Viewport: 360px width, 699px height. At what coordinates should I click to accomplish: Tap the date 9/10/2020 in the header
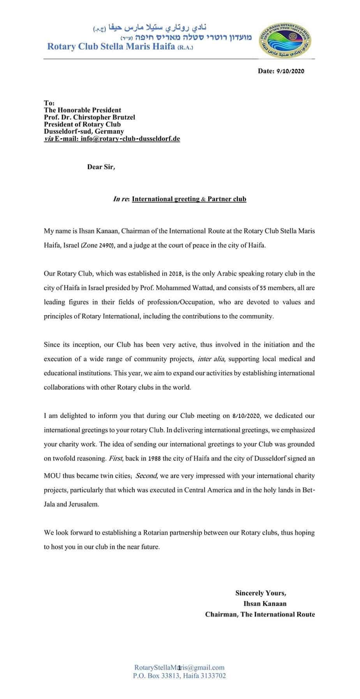tap(289, 71)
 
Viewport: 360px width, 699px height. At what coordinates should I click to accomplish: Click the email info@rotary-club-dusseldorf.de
tap(130, 138)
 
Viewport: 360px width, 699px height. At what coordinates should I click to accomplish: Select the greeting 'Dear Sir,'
tap(101, 167)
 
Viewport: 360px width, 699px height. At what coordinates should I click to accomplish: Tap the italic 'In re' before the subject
tap(121, 199)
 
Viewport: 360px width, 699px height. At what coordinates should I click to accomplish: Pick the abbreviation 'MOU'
tap(51, 476)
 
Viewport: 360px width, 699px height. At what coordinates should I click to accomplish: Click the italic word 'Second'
tap(146, 476)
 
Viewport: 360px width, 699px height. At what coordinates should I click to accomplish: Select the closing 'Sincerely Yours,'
tap(261, 593)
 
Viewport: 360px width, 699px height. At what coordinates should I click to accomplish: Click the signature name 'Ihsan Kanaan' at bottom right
tap(265, 603)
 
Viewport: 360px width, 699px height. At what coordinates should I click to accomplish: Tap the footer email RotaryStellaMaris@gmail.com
tap(179, 667)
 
